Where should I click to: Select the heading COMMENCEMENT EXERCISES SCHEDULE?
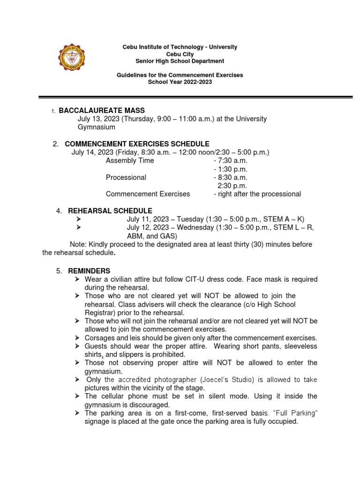137,144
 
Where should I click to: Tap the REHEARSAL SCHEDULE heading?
110,211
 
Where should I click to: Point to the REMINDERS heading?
90,271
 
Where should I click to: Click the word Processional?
126,178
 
